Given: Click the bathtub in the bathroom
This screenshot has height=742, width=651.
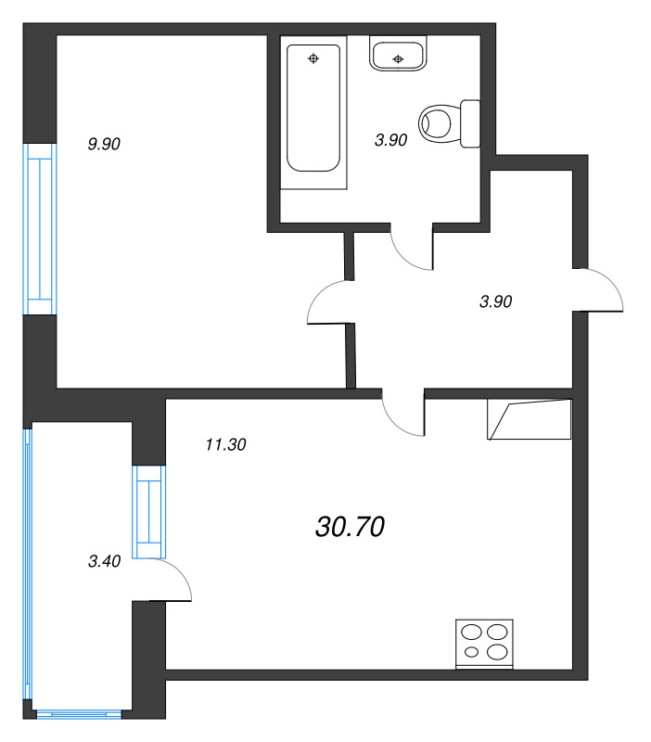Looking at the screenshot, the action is tap(313, 112).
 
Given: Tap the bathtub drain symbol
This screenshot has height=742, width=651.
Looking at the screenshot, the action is tap(313, 58).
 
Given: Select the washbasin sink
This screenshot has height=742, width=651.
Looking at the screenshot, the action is tap(398, 54).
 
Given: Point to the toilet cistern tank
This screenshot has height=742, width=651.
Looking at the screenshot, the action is tap(470, 123).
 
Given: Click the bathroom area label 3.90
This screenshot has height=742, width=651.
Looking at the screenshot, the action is tap(390, 140).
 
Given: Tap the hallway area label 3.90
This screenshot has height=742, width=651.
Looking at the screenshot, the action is tap(495, 301).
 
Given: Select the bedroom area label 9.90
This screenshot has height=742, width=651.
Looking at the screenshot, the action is tap(104, 144).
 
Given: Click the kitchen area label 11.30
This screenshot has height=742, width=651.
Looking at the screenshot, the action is tap(225, 445).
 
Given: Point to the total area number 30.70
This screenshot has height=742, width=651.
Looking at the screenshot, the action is tap(351, 527).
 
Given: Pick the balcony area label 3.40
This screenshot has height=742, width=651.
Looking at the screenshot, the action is tap(105, 561).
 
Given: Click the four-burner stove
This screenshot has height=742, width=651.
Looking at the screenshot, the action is tap(484, 644).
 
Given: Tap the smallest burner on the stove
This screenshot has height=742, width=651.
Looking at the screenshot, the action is tap(471, 652).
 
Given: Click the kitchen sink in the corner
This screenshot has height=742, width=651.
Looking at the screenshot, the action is tap(530, 419).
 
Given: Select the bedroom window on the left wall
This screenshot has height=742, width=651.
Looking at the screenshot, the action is tap(40, 229).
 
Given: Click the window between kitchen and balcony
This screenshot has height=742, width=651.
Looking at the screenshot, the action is tap(148, 512).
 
